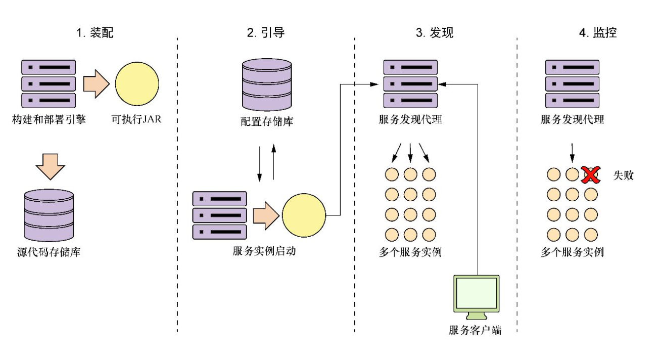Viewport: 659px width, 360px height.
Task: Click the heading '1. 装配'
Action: tap(95, 34)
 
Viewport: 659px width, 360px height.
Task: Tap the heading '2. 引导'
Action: tap(266, 34)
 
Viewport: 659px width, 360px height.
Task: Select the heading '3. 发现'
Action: tap(434, 34)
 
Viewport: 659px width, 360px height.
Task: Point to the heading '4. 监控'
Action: tap(598, 34)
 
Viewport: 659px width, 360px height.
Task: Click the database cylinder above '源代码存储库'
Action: tap(49, 216)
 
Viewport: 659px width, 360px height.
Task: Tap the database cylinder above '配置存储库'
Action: tap(267, 84)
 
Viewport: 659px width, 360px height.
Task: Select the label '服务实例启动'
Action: tap(264, 251)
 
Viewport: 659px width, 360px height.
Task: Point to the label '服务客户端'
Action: tap(475, 331)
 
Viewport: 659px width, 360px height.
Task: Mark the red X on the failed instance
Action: tap(589, 174)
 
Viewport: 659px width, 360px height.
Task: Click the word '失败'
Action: tap(623, 175)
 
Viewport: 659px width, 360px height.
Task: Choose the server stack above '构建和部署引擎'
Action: tap(49, 84)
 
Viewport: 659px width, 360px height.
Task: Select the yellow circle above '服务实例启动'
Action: tap(304, 215)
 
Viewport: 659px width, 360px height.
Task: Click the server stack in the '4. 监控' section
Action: tap(572, 83)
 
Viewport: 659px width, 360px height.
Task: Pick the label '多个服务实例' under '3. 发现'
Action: tap(410, 252)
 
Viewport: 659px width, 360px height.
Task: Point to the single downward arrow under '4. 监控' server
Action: tap(572, 152)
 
